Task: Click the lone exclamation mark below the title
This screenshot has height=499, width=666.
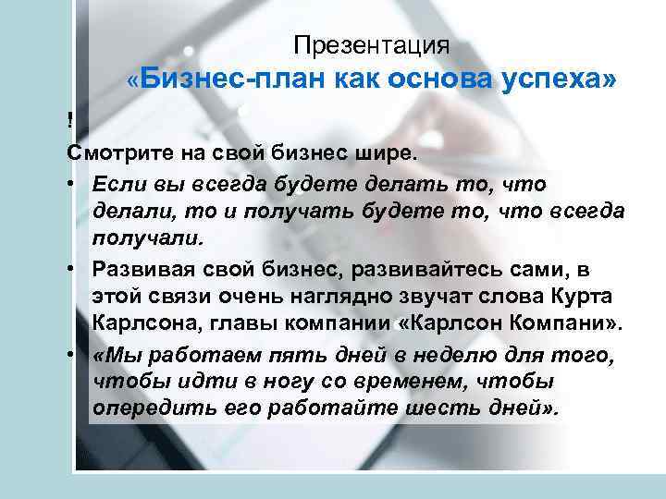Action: (69, 119)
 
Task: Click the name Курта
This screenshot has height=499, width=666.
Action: (583, 296)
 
